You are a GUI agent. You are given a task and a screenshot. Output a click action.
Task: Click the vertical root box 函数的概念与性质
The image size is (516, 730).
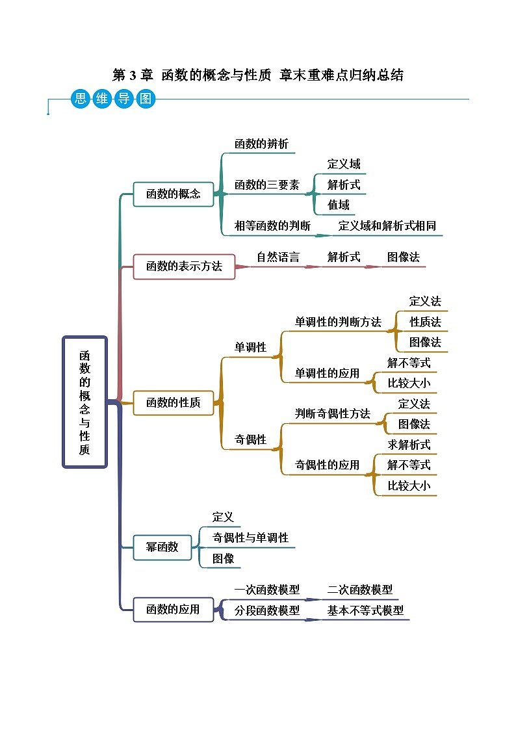click(x=84, y=402)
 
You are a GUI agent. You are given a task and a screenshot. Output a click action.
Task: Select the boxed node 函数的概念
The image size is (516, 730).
click(x=174, y=194)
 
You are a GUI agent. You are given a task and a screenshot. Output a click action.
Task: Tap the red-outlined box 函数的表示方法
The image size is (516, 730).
click(x=184, y=266)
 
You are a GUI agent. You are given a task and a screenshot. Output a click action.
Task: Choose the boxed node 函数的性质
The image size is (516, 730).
click(x=174, y=402)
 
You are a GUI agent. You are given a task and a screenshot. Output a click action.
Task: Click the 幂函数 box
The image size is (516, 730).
click(x=162, y=547)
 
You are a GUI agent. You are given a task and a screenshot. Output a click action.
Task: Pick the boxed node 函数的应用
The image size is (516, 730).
click(x=174, y=610)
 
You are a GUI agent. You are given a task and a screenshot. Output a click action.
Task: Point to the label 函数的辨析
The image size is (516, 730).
click(x=261, y=144)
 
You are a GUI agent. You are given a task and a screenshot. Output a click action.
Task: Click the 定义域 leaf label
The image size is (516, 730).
click(x=344, y=164)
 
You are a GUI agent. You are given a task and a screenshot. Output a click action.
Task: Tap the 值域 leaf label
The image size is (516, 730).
click(x=339, y=205)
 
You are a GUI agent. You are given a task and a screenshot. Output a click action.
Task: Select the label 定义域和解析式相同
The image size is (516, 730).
click(x=387, y=226)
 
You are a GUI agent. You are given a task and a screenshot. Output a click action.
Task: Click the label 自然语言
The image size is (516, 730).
click(x=278, y=257)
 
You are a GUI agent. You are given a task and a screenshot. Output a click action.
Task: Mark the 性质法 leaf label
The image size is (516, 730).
click(x=425, y=322)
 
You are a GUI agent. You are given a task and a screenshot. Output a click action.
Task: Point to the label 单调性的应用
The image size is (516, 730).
click(x=327, y=373)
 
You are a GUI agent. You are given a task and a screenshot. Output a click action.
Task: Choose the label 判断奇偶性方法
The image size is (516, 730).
click(x=332, y=413)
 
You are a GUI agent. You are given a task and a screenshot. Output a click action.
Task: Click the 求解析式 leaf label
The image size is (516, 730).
click(x=409, y=445)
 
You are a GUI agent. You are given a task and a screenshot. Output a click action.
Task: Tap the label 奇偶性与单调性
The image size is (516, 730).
click(x=250, y=538)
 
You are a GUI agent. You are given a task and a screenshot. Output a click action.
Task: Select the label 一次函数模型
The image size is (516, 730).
click(x=266, y=590)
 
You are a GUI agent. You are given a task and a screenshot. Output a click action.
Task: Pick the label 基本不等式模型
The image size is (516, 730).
click(x=365, y=610)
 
